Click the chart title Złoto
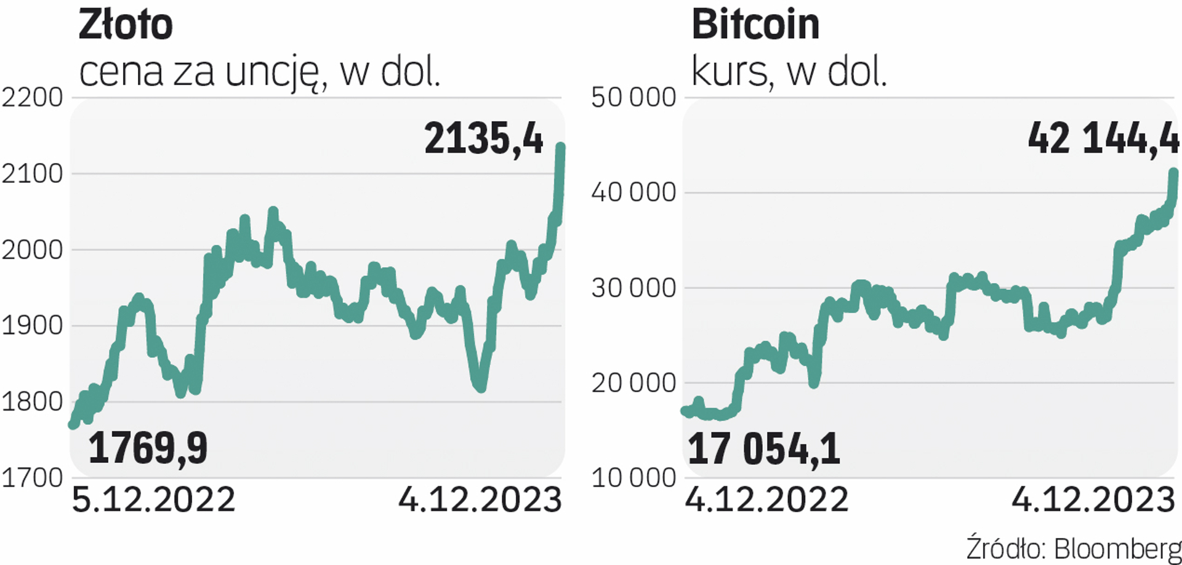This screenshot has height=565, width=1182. (x=126, y=25)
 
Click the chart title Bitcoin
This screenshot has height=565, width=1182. (x=755, y=25)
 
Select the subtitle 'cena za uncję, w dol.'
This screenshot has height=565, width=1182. (x=260, y=72)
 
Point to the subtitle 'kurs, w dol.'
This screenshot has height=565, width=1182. (x=789, y=72)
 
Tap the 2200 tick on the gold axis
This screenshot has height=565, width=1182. (x=32, y=97)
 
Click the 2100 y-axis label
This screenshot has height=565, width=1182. (x=32, y=174)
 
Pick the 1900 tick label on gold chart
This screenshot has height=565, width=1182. (x=32, y=326)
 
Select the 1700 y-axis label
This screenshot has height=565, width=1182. (x=32, y=478)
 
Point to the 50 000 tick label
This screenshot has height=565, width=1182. (x=633, y=97)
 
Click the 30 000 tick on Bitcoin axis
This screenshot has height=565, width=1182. (x=633, y=287)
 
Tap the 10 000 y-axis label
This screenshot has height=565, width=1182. (x=633, y=478)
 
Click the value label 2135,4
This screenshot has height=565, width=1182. (x=484, y=138)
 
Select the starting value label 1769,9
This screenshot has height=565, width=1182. (x=148, y=448)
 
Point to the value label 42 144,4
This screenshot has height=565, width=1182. (x=1103, y=138)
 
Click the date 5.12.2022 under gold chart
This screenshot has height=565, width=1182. (x=153, y=499)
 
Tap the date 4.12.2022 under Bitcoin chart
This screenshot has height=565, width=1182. (x=767, y=499)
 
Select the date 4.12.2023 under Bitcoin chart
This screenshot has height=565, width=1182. (x=1093, y=499)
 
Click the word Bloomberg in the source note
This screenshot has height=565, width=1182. (x=1117, y=548)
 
